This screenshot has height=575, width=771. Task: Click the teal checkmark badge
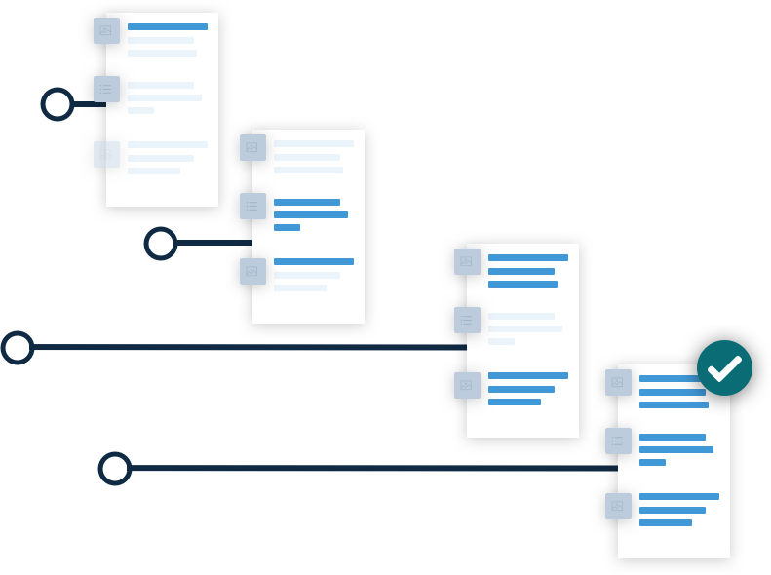(724, 367)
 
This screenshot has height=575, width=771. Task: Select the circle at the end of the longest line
(18, 348)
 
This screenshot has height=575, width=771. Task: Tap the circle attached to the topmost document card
(58, 104)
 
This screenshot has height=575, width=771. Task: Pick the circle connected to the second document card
(161, 244)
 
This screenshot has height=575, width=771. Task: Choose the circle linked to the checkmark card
(115, 469)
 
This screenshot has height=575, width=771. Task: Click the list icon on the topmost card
(106, 90)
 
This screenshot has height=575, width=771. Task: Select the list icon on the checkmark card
(618, 441)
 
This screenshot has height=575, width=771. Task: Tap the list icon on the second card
(252, 207)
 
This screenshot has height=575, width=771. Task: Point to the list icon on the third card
(467, 321)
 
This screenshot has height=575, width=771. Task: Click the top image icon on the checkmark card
(618, 383)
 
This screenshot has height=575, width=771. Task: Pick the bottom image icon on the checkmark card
(618, 507)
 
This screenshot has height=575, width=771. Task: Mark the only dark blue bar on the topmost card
(168, 27)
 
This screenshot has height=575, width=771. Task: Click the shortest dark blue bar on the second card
(287, 227)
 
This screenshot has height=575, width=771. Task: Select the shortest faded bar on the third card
(501, 342)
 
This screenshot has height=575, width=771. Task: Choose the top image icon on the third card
(467, 262)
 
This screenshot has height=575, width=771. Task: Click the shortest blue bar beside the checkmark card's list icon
(652, 463)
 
